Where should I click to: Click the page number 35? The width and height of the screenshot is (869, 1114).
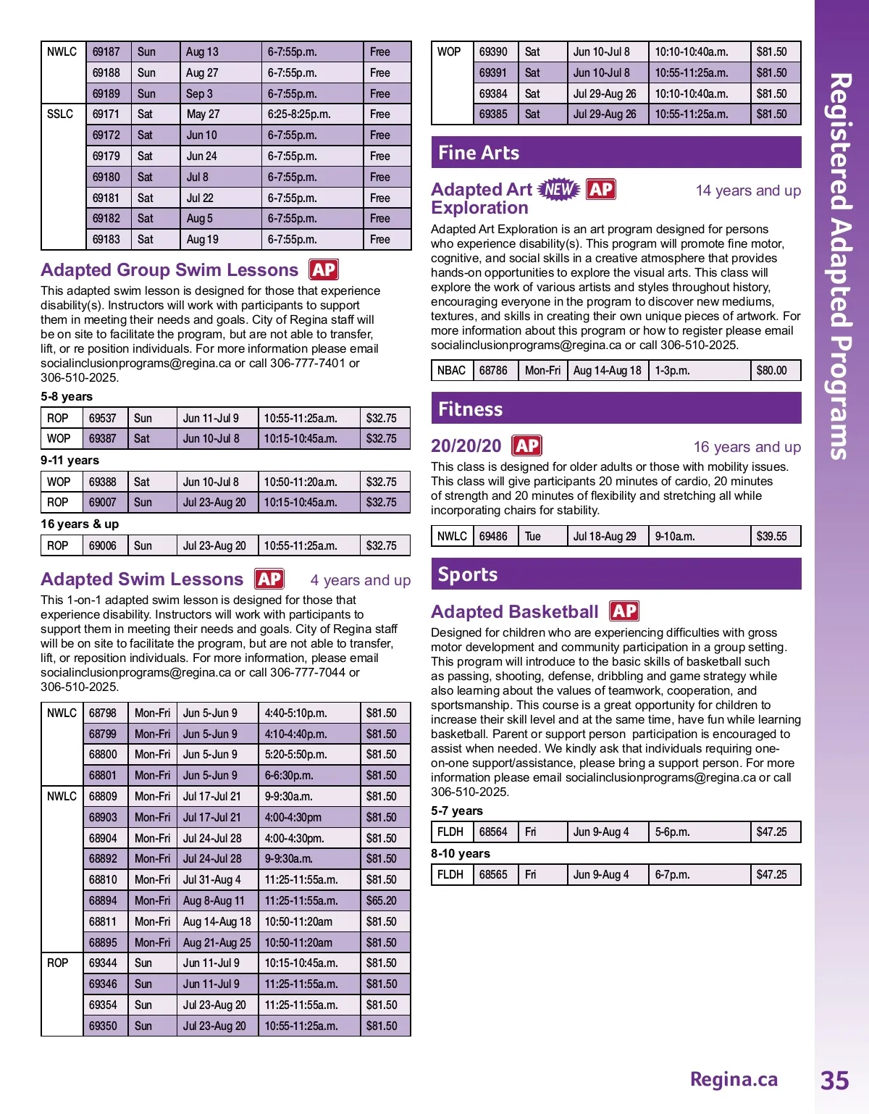[x=834, y=1080]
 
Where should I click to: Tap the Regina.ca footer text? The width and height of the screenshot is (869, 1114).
[x=734, y=1079]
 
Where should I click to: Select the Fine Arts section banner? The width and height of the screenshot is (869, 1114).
[x=616, y=153]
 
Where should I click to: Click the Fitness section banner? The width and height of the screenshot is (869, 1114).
[x=616, y=409]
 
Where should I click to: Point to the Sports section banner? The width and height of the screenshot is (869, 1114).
[x=616, y=574]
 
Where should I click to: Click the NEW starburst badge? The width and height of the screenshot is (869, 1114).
[x=559, y=189]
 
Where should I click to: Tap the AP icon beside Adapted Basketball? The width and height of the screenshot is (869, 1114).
[x=624, y=611]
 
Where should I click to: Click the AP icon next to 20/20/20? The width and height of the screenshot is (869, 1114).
[x=526, y=445]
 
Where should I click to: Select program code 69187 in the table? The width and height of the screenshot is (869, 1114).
[x=106, y=52]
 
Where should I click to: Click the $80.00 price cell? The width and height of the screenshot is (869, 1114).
[x=772, y=370]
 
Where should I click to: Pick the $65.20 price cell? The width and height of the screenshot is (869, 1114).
[x=382, y=900]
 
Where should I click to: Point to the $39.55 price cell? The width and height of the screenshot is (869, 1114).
[x=772, y=536]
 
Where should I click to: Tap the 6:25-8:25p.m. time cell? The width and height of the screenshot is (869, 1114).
[x=299, y=114]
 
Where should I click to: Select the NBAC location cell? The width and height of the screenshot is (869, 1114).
[x=451, y=370]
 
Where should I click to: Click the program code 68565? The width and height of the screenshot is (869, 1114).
[x=493, y=874]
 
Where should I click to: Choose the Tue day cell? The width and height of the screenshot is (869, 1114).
[x=533, y=536]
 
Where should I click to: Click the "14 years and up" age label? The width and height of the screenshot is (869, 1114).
[x=748, y=190]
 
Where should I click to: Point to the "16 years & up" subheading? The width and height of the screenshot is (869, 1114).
[x=80, y=524]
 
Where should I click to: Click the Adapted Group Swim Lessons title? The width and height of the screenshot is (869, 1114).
[x=169, y=270]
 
